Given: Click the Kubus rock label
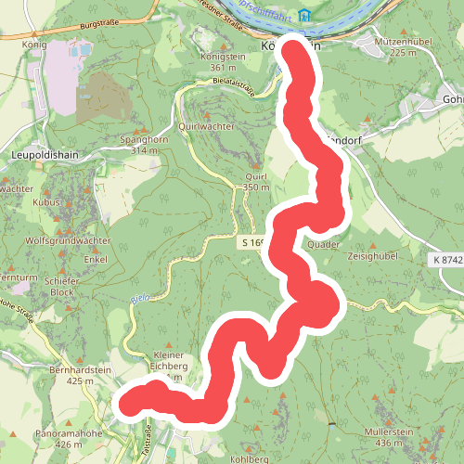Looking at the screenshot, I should coord(45,201).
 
